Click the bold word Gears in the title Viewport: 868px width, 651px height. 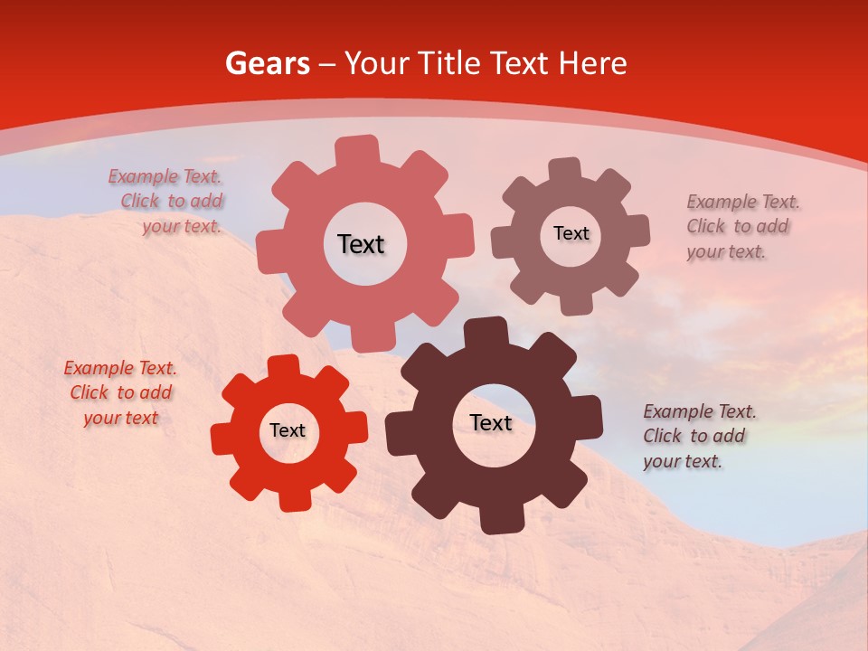click(x=267, y=63)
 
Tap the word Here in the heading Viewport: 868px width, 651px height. click(x=592, y=63)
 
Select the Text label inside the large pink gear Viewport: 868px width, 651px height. click(x=361, y=244)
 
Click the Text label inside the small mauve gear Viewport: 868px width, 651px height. click(x=571, y=233)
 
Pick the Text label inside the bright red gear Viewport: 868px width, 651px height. click(x=288, y=430)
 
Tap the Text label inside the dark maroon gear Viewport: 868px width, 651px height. click(x=491, y=422)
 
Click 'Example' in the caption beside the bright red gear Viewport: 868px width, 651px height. click(x=97, y=368)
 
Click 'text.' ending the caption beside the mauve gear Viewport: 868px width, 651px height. click(x=746, y=252)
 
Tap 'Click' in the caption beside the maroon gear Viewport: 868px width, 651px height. click(x=662, y=436)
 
